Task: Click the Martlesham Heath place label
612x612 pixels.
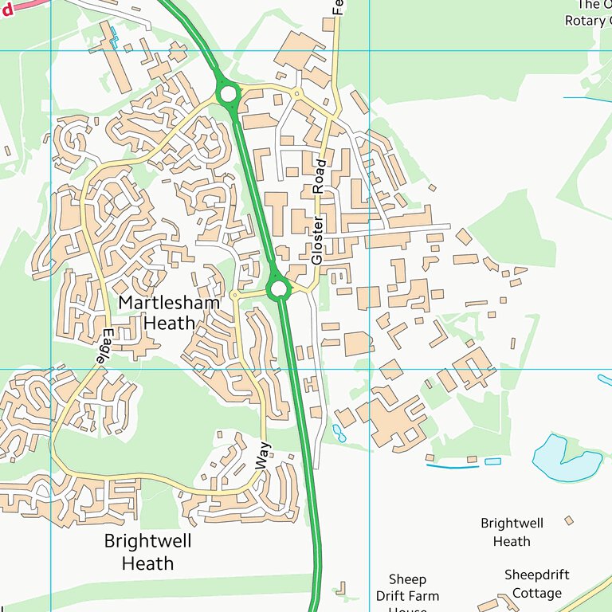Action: [x=157, y=312]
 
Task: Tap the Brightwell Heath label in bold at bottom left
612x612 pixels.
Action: [x=147, y=551]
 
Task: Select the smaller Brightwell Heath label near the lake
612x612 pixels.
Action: [x=512, y=532]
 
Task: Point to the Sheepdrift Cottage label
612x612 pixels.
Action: [x=537, y=583]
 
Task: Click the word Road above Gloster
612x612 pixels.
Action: [x=320, y=177]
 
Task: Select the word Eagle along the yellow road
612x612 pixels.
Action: [x=104, y=347]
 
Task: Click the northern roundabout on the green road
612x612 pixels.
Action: [x=229, y=94]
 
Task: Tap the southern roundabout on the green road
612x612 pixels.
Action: [x=278, y=288]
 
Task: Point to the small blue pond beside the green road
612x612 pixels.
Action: [x=339, y=433]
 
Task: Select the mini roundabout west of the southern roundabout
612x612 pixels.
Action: [x=234, y=296]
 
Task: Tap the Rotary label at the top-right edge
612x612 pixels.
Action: [x=586, y=21]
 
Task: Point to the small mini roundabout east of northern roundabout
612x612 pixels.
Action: [x=296, y=94]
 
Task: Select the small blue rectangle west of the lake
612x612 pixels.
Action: [x=492, y=461]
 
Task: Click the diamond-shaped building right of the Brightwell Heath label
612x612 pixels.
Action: [x=568, y=520]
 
